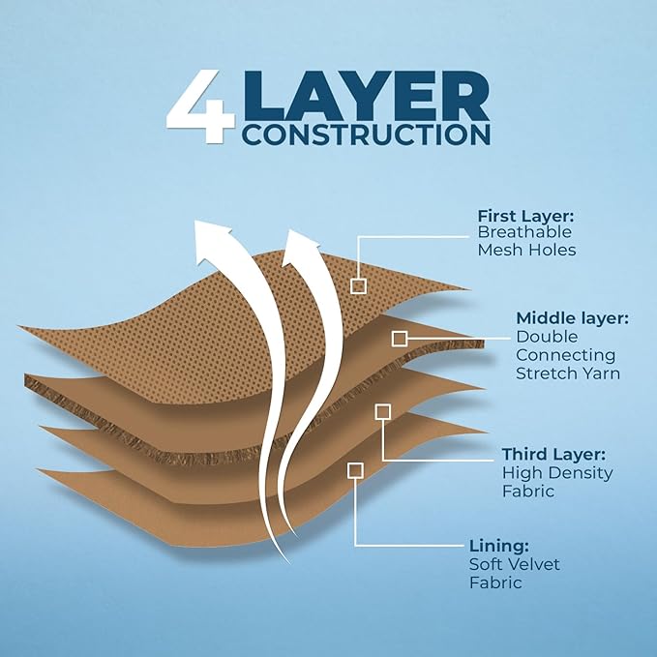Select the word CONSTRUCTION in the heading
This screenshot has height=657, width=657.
pyautogui.click(x=366, y=134)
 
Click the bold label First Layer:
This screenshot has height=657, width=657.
pyautogui.click(x=525, y=215)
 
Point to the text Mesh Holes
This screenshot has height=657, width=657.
pyautogui.click(x=527, y=251)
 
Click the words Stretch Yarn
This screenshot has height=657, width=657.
pyautogui.click(x=568, y=373)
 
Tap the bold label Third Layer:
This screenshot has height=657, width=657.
pyautogui.click(x=554, y=454)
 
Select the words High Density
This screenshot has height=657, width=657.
pyautogui.click(x=557, y=472)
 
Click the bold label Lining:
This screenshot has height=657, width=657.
pyautogui.click(x=499, y=546)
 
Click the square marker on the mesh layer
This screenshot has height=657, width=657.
pyautogui.click(x=358, y=285)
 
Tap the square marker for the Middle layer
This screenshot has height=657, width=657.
pyautogui.click(x=399, y=338)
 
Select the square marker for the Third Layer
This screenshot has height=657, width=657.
pyautogui.click(x=383, y=411)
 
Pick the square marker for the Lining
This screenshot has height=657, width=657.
pyautogui.click(x=356, y=470)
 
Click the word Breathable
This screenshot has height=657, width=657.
pyautogui.click(x=524, y=232)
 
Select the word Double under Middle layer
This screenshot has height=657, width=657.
pyautogui.click(x=547, y=336)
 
